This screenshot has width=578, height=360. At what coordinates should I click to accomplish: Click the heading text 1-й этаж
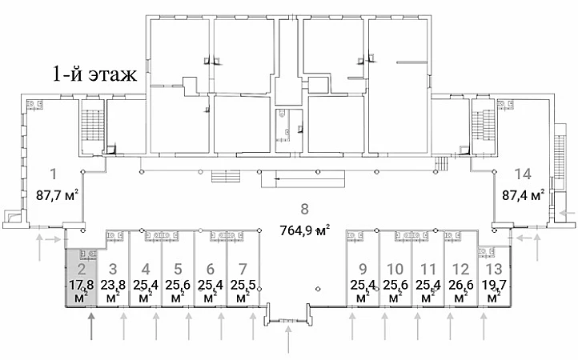pyautogui.click(x=94, y=74)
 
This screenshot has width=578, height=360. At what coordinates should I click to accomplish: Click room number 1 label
pyautogui.click(x=54, y=174)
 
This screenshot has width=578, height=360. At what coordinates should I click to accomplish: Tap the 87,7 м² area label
pyautogui.click(x=58, y=194)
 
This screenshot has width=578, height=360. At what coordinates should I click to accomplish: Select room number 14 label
pyautogui.click(x=523, y=174)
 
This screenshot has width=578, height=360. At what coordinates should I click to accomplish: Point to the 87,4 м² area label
pyautogui.click(x=524, y=194)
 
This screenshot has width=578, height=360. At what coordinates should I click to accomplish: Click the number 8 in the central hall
pyautogui.click(x=304, y=209)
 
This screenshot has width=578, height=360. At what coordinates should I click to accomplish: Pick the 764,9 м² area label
pyautogui.click(x=304, y=230)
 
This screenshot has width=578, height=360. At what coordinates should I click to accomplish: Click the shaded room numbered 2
pyautogui.click(x=82, y=277)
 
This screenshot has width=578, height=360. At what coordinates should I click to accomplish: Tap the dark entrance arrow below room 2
pyautogui.click(x=91, y=326)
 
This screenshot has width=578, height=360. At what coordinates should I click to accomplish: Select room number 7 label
pyautogui.click(x=243, y=270)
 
